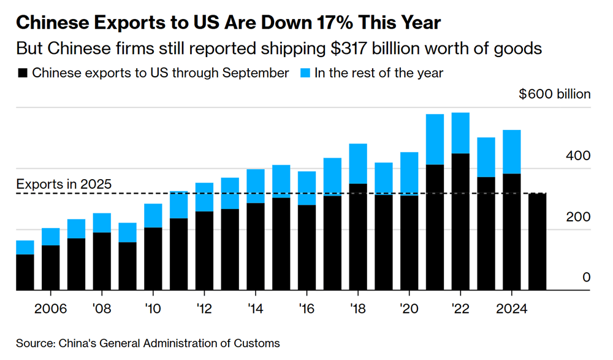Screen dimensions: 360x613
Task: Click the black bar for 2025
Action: [x=537, y=242]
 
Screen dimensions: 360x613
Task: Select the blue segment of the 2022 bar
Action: [x=460, y=132]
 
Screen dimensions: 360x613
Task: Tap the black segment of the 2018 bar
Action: [x=357, y=237]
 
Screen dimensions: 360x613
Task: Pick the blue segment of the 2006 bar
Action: [x=50, y=237]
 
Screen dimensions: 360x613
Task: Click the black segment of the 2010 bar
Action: [x=153, y=259]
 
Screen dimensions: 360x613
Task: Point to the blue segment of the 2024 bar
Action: [x=511, y=151]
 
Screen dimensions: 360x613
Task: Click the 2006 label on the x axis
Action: [x=50, y=307]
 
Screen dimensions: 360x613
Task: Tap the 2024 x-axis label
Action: [x=511, y=307]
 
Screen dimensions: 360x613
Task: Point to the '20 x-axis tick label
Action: [x=409, y=307]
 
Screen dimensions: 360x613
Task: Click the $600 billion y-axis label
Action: [x=554, y=94]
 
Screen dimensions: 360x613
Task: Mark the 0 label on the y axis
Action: [x=586, y=278]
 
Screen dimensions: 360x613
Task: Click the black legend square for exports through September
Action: [x=23, y=74]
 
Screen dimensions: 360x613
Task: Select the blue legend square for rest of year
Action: [x=305, y=74]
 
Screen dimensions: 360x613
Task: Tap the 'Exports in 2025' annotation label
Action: [x=64, y=184]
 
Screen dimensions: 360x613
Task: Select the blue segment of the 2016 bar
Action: [x=306, y=188]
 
